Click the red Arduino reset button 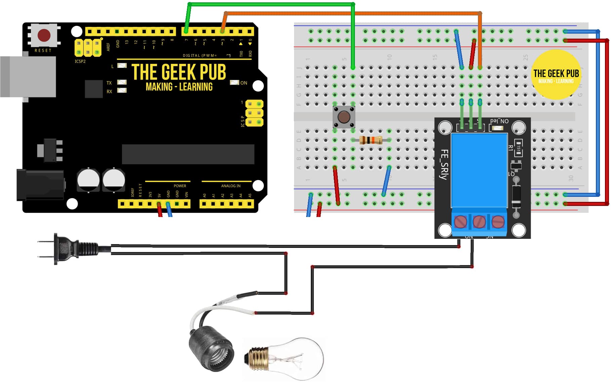click(44, 35)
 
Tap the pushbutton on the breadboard click(344, 117)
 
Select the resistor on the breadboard click(370, 140)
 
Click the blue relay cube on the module click(479, 170)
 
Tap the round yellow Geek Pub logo click(556, 75)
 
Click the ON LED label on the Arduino click(244, 83)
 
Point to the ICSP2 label click(80, 61)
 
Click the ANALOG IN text click(231, 186)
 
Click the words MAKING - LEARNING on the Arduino click(179, 87)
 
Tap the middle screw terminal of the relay click(479, 222)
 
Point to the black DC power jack click(40, 185)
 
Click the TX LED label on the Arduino click(109, 83)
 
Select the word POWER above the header click(180, 186)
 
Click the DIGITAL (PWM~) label click(200, 55)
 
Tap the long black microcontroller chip click(188, 154)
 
